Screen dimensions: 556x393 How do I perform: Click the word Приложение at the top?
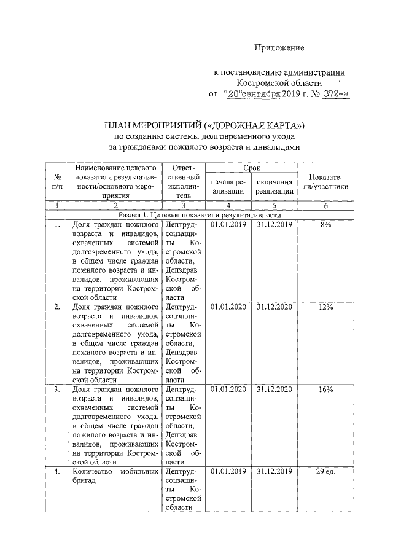pyautogui.click(x=280, y=47)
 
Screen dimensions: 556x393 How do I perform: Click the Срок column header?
pyautogui.click(x=252, y=167)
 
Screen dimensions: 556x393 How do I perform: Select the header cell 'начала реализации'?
pyautogui.click(x=228, y=187)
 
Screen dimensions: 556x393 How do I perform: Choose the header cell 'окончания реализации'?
pyautogui.click(x=274, y=187)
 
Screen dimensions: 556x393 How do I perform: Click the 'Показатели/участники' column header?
pyautogui.click(x=325, y=181)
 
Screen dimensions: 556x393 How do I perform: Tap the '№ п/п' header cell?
pyautogui.click(x=57, y=181)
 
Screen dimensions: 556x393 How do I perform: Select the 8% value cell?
pyautogui.click(x=325, y=225)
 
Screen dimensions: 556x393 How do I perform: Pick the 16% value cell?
pyautogui.click(x=325, y=390)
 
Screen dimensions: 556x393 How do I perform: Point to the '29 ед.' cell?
pyautogui.click(x=325, y=472)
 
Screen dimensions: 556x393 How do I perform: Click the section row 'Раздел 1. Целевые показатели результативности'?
pyautogui.click(x=200, y=216)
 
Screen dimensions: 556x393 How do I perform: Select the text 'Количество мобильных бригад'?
pyautogui.click(x=116, y=477)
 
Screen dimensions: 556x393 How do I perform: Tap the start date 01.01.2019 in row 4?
pyautogui.click(x=228, y=472)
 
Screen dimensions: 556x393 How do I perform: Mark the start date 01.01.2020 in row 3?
pyautogui.click(x=228, y=390)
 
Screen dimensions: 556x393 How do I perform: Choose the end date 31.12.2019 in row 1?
pyautogui.click(x=274, y=225)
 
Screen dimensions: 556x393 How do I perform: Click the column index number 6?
pyautogui.click(x=325, y=206)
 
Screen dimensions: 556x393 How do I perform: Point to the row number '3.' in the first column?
pyautogui.click(x=57, y=390)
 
